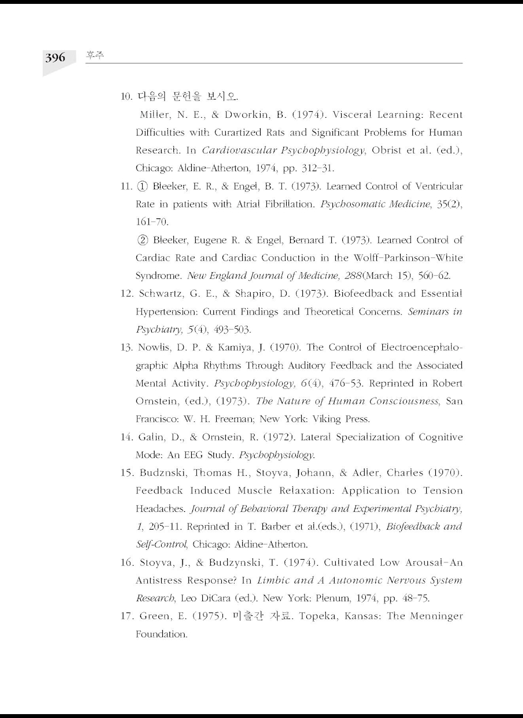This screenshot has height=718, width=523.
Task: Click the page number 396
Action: pyautogui.click(x=55, y=58)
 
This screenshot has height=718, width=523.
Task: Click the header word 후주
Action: pyautogui.click(x=95, y=56)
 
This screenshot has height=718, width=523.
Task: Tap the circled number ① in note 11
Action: pyautogui.click(x=142, y=186)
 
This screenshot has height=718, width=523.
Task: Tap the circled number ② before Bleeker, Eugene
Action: pyautogui.click(x=142, y=240)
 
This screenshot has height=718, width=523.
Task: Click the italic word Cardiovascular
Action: pyautogui.click(x=239, y=151)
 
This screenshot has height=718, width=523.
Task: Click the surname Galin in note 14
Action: pyautogui.click(x=151, y=437)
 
